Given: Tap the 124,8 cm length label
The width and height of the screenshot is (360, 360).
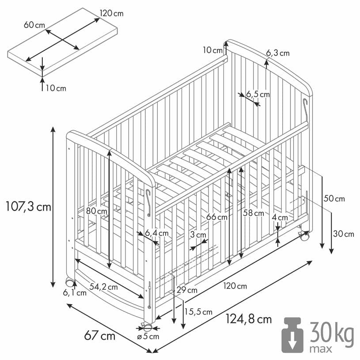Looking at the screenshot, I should [248, 318].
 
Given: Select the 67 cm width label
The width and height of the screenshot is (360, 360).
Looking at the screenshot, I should [99, 336].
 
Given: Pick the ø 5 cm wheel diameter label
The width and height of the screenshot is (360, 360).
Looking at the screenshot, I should [148, 337].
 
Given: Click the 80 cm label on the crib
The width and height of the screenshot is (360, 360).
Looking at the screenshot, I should [97, 211].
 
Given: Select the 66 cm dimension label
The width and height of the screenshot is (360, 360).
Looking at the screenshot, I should [217, 217].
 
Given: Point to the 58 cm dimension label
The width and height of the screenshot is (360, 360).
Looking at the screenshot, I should [254, 213].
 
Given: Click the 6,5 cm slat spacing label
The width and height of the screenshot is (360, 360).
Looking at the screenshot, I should [258, 94].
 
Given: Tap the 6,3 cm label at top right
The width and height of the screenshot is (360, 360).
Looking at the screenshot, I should [278, 53].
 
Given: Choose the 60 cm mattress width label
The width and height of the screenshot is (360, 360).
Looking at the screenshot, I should [34, 25].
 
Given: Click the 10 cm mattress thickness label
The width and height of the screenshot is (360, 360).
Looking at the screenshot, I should [56, 88].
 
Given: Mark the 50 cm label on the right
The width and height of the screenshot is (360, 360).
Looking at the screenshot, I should [334, 199].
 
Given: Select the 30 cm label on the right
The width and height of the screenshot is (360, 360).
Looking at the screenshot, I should [343, 234].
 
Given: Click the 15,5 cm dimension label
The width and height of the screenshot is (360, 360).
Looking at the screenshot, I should [198, 312].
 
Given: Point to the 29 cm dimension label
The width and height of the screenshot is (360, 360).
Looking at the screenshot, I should [186, 290].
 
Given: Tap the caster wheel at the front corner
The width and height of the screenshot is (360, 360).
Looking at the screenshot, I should [147, 327].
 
